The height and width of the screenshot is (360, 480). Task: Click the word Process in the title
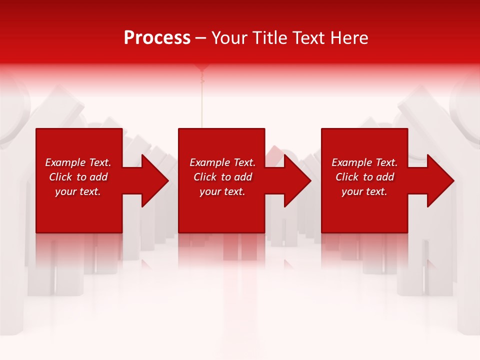[157, 38]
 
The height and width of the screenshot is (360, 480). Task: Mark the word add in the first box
[98, 177]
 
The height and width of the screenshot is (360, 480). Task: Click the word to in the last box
[368, 177]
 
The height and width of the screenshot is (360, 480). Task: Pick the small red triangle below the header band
[201, 67]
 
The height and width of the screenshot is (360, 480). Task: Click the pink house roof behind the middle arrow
[274, 152]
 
